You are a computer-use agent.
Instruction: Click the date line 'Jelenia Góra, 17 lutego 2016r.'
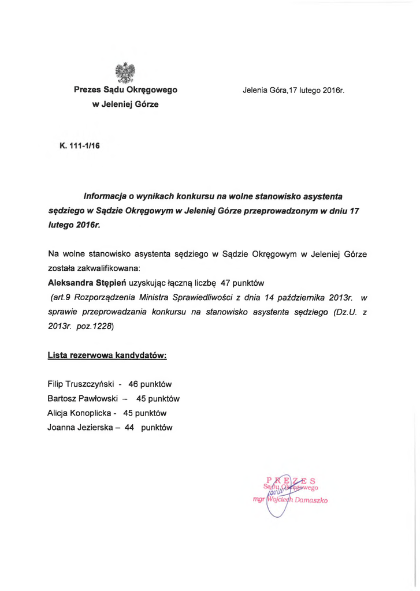point(293,91)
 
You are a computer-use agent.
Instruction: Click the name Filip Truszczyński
point(83,384)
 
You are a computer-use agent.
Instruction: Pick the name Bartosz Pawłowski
point(84,398)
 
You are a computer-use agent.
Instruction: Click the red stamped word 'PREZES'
point(291,480)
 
